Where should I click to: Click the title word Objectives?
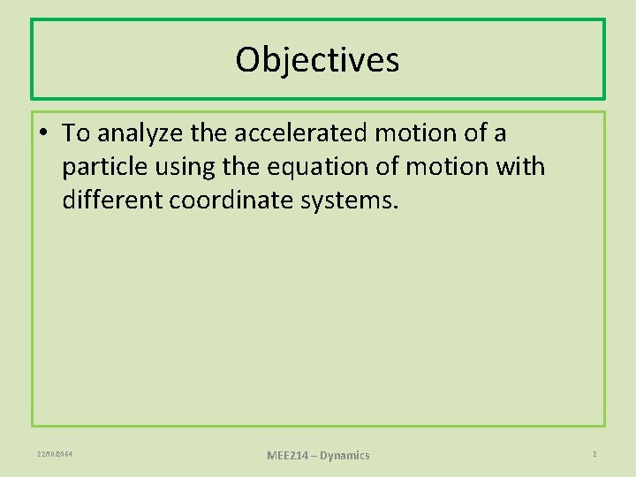(317, 60)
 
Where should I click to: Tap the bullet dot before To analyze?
(45, 133)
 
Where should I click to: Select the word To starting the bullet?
(77, 133)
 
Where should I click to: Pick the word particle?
(102, 168)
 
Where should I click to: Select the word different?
(112, 201)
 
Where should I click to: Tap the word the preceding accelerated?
(208, 133)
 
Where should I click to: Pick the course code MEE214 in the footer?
(288, 455)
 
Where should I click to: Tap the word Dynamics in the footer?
(344, 455)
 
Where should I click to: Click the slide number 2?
(594, 454)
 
